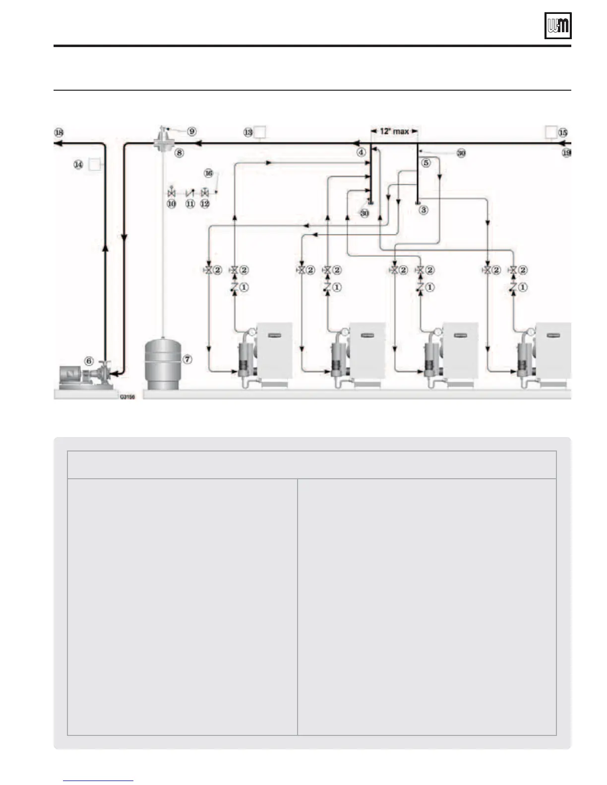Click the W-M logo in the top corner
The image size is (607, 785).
[x=558, y=26]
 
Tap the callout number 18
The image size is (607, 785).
[x=59, y=132]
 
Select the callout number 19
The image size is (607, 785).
[x=566, y=153]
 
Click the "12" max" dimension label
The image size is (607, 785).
[x=394, y=131]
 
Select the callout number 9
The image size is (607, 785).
[x=191, y=131]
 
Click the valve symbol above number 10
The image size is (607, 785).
[x=172, y=192]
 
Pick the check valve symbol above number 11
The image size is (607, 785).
[x=189, y=192]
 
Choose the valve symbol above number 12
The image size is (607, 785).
[x=205, y=192]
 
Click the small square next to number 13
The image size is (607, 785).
[x=260, y=132]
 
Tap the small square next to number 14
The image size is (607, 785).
[x=94, y=165]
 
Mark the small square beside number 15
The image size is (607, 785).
[x=550, y=132]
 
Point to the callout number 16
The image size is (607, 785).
[x=209, y=173]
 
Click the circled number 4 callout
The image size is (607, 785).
[x=362, y=153]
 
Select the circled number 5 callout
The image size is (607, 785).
[x=425, y=163]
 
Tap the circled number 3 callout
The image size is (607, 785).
[x=424, y=210]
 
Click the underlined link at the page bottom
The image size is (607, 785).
[x=98, y=781]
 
